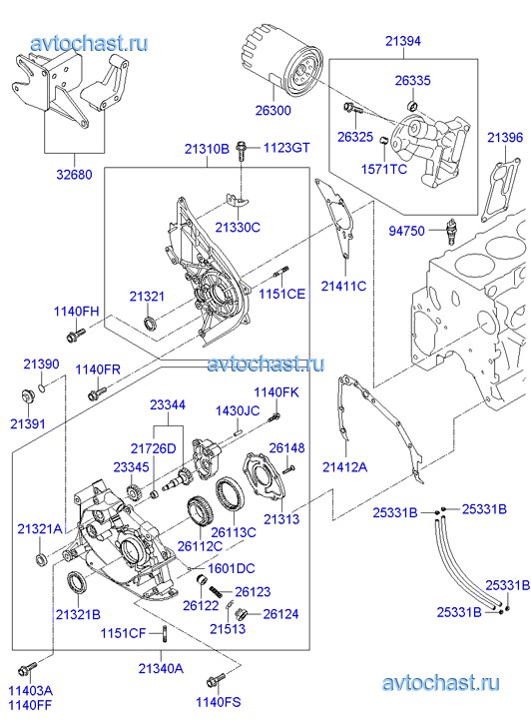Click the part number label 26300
point(273,110)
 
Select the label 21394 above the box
point(403,41)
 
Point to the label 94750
point(406,231)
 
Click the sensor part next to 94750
point(448,230)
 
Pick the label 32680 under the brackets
point(74,175)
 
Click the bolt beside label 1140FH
point(76,336)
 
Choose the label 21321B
point(78,614)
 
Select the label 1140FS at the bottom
point(218,702)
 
